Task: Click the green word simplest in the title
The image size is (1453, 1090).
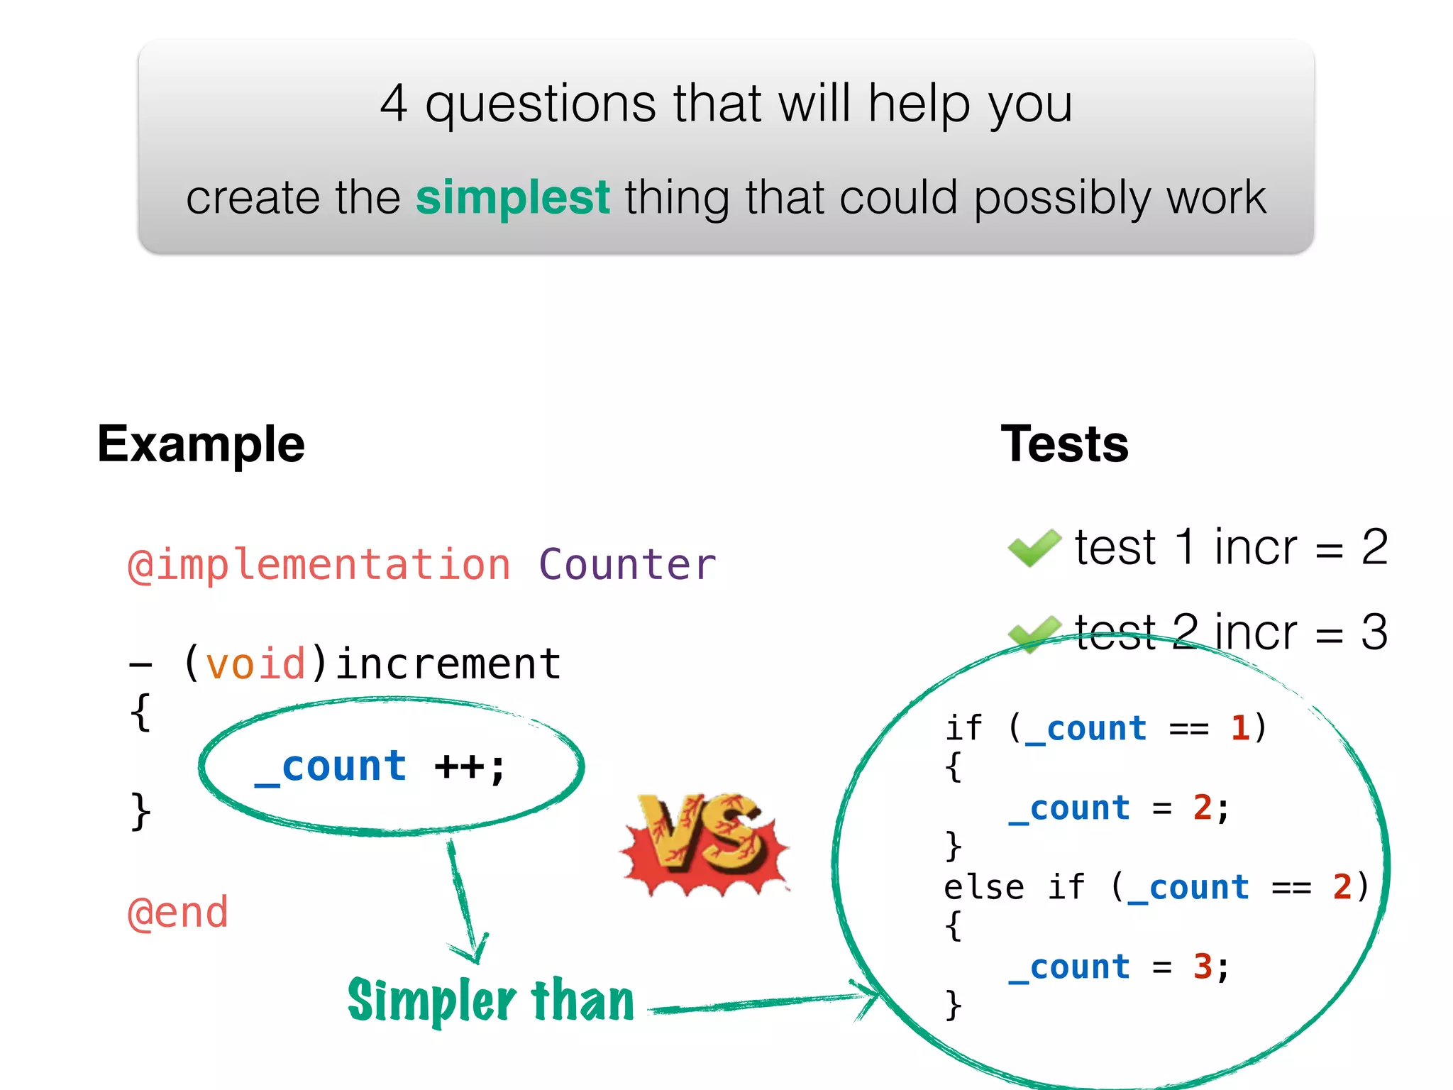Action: click(x=512, y=197)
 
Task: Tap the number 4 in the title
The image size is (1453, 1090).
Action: click(x=394, y=104)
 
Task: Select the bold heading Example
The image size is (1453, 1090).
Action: click(x=201, y=444)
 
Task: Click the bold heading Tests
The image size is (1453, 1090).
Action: click(x=1064, y=444)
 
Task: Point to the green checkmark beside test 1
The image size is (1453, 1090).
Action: click(x=1034, y=548)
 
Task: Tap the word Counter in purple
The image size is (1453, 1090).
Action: click(x=627, y=566)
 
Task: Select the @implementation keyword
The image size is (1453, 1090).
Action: click(x=319, y=566)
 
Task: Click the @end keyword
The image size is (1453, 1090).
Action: click(x=178, y=913)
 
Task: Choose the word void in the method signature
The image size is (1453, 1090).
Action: click(x=255, y=664)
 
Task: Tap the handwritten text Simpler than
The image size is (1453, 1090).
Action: click(x=491, y=1001)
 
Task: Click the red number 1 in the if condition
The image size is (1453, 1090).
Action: click(x=1240, y=728)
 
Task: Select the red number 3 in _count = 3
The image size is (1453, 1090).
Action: click(x=1203, y=967)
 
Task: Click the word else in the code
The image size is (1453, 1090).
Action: click(x=983, y=887)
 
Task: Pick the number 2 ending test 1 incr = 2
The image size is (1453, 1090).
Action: click(x=1374, y=548)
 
